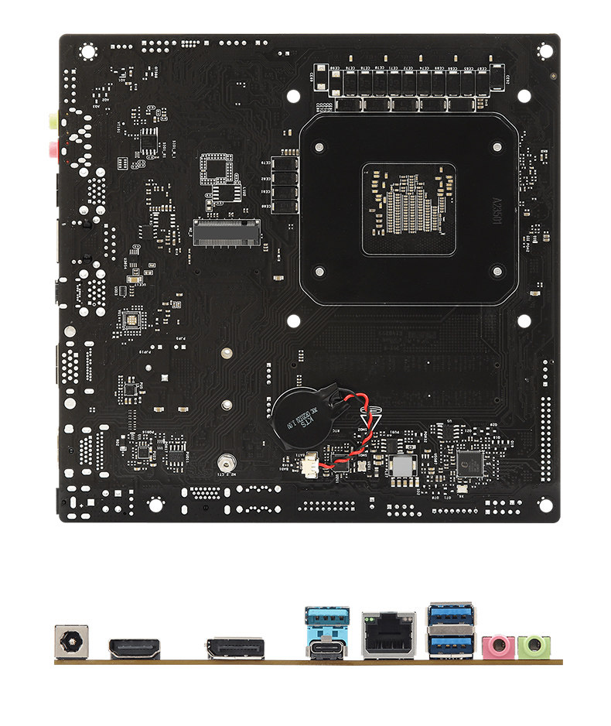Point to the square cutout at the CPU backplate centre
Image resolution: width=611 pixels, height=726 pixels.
coord(408,208)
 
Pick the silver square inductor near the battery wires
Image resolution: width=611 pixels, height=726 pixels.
coord(404,466)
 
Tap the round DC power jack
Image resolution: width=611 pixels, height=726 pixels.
coord(71,642)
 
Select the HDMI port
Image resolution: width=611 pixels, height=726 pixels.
coord(135,648)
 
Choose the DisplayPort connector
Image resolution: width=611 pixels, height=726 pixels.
coord(235,648)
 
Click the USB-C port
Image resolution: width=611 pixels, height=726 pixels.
coord(326,649)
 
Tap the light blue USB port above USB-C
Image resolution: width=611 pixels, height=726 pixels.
coord(326,620)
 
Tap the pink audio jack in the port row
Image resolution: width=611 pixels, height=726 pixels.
coord(497,646)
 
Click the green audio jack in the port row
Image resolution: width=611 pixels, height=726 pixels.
coord(534,646)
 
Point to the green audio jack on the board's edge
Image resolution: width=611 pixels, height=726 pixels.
coord(52,120)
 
